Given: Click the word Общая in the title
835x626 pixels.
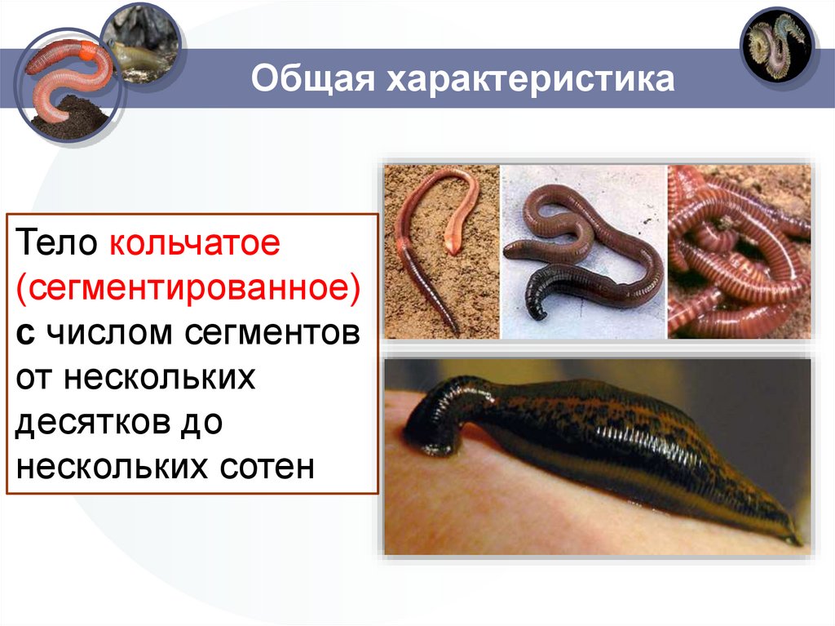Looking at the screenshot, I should pos(314,80).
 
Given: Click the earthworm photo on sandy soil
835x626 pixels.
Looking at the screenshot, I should pos(441,251).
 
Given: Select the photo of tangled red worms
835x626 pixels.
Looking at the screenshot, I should pos(739,251).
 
